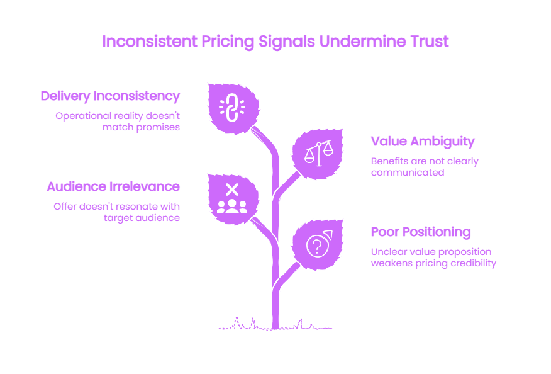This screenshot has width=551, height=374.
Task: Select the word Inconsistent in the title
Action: [150, 41]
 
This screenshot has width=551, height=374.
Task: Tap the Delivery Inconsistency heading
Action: [110, 96]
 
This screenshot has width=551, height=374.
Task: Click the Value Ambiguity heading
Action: [423, 142]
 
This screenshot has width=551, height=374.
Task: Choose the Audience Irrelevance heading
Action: [113, 186]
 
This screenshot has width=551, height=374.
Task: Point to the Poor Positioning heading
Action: [421, 232]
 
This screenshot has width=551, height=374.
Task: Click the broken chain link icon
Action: [232, 107]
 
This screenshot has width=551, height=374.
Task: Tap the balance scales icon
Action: [319, 153]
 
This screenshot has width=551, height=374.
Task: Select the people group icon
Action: [232, 207]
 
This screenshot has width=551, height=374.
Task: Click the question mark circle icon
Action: [319, 244]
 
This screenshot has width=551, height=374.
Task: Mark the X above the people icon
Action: [232, 190]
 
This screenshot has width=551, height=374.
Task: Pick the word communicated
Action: [408, 173]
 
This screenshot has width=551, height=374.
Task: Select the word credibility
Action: [474, 263]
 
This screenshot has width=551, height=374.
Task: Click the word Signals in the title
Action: [286, 42]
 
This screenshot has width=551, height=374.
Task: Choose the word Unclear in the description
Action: [386, 252]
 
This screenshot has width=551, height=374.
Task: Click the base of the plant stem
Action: [275, 327]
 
